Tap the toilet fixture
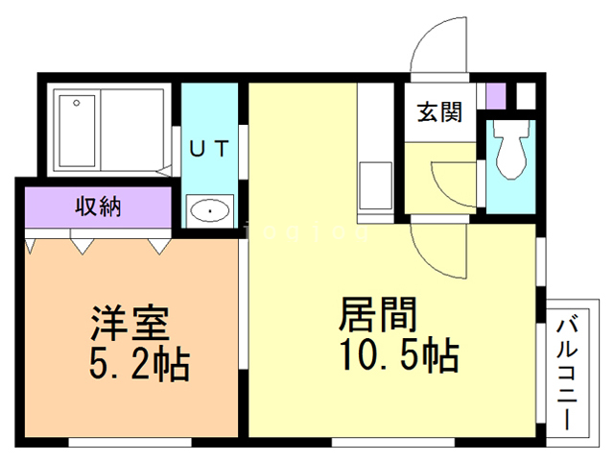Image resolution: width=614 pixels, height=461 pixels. pos(508,150)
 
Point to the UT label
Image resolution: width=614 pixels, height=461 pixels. pos(208,148)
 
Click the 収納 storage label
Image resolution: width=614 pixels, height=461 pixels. pos(99,206)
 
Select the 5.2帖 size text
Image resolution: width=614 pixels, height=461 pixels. pos(140,364)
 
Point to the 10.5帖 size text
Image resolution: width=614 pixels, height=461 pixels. pos(396,357)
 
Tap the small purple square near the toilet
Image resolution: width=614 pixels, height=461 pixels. pos(495,97)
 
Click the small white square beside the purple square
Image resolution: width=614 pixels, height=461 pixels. pos(525,96)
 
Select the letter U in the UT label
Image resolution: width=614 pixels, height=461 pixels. pos(195,148)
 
